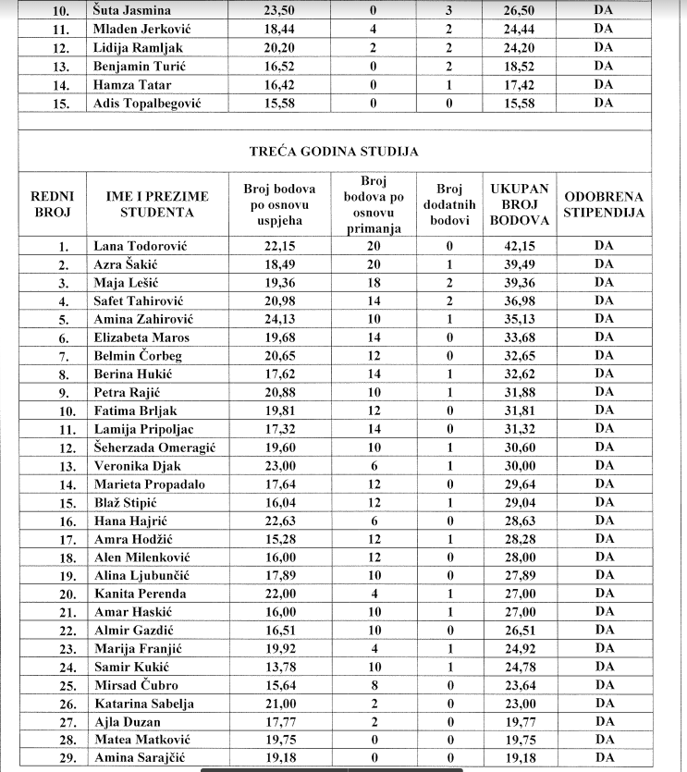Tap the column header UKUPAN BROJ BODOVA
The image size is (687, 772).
[x=518, y=204]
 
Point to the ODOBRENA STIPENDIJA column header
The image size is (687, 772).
[x=604, y=204]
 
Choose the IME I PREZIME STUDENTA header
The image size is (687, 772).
[x=157, y=204]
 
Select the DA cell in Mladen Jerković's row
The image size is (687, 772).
[x=604, y=29]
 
